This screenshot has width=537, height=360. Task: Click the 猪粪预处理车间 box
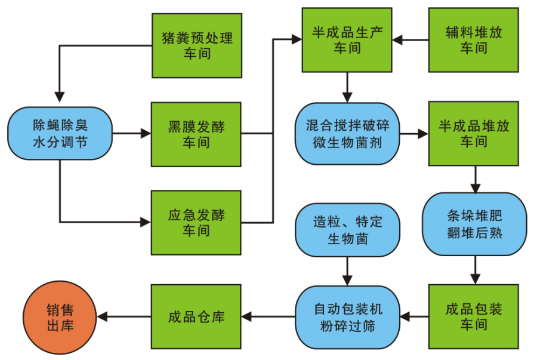(x=197, y=45)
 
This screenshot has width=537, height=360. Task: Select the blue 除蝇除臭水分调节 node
(x=60, y=134)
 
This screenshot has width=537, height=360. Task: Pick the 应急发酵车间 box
(x=196, y=222)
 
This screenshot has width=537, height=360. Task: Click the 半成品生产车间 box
(x=347, y=40)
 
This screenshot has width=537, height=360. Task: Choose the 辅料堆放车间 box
(x=474, y=40)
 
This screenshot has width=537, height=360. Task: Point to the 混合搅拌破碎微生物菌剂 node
(x=347, y=134)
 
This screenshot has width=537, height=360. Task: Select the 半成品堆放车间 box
(x=474, y=134)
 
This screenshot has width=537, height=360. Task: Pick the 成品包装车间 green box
(x=474, y=316)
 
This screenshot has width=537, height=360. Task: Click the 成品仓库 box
(x=196, y=316)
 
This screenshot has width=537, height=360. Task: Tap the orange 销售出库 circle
(x=60, y=317)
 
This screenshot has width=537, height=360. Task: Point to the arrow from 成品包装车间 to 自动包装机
(x=414, y=317)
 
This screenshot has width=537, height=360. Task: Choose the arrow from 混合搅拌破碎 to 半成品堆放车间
(x=414, y=134)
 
